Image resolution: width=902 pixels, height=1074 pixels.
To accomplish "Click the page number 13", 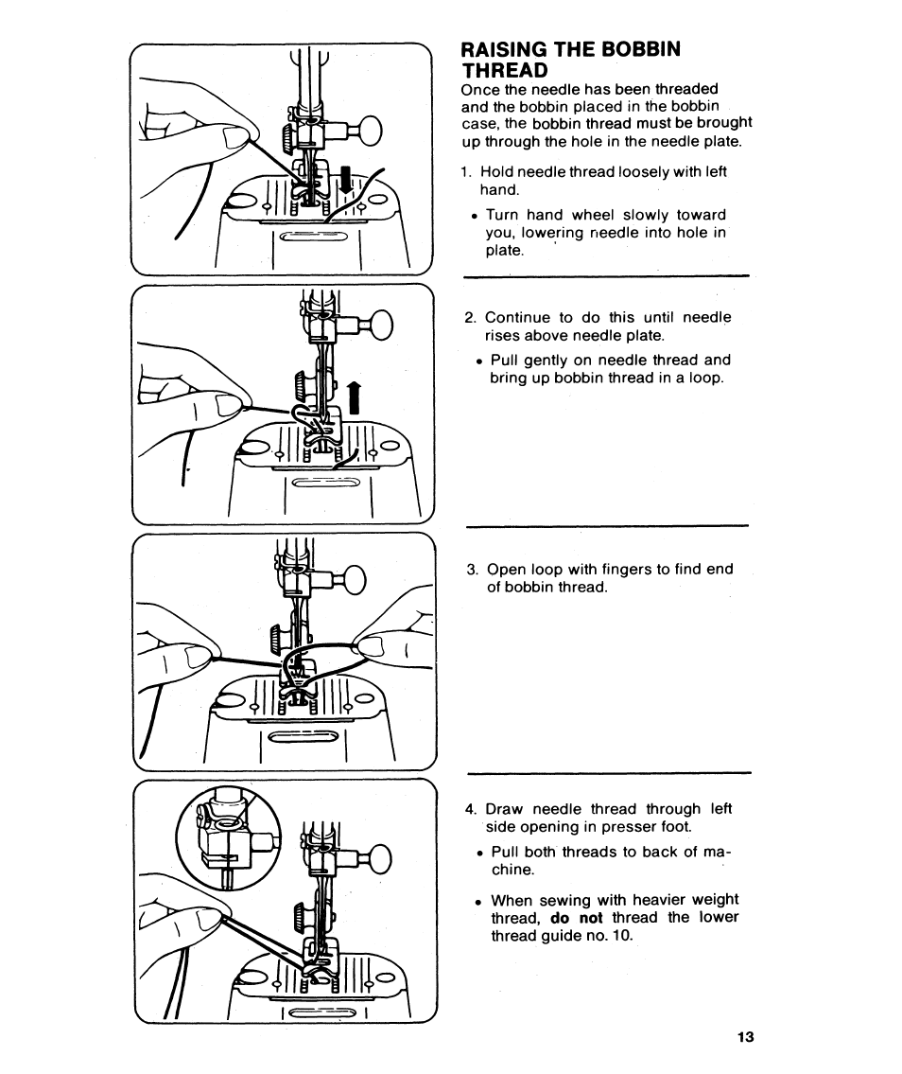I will tap(746, 1037).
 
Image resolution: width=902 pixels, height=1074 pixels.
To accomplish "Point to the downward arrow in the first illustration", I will tap(345, 180).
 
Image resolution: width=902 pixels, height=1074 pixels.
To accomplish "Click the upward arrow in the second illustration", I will tap(354, 398).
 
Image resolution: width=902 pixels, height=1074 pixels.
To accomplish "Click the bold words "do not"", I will tap(576, 918).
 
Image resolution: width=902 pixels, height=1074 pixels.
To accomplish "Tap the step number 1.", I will tap(466, 172).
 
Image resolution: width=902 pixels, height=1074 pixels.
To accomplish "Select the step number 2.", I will tap(470, 318).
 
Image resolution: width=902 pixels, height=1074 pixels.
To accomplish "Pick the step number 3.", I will tap(472, 570).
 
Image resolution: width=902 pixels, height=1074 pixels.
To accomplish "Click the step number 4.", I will tap(470, 809).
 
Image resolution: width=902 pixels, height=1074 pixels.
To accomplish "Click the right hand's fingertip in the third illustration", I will tap(368, 646).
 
